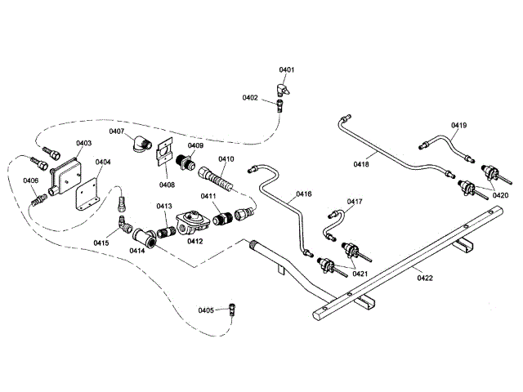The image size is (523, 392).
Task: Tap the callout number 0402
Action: tap(250, 98)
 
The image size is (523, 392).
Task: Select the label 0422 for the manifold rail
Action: tap(423, 278)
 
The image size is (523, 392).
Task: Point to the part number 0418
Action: tap(361, 164)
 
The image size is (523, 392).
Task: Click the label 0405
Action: tap(206, 310)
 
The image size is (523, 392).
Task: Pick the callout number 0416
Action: tap(304, 194)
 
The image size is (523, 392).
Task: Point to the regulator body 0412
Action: tap(192, 220)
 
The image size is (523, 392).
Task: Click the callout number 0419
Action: tap(458, 126)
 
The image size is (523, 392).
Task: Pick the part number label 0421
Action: tap(360, 273)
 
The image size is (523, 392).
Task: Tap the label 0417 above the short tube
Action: tap(355, 201)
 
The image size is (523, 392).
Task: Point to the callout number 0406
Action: tap(30, 180)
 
